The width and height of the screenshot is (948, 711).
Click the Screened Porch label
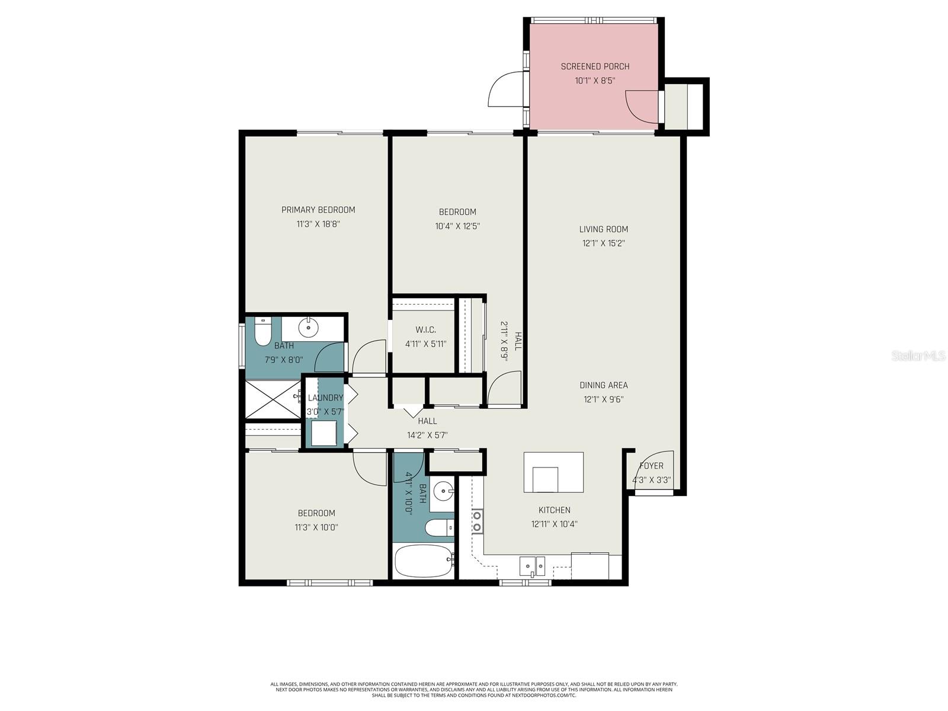coord(595,66)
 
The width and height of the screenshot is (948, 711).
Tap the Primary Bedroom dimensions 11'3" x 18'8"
coord(318,224)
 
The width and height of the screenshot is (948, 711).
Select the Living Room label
coord(603,229)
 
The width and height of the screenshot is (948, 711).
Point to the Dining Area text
coord(603,385)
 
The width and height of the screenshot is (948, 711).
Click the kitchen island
coord(553,472)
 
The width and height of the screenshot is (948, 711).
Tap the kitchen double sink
coord(532,566)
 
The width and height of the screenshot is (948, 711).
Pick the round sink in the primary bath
coord(308,326)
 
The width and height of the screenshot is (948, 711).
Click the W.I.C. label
coord(425,330)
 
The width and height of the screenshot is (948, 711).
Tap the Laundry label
coord(325,398)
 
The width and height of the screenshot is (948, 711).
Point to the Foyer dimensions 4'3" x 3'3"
coord(651,480)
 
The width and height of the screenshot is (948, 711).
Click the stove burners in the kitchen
coord(476,521)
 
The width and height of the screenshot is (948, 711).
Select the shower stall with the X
coord(273,400)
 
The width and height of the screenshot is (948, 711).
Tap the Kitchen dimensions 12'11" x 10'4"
coord(554,524)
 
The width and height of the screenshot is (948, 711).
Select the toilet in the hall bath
coord(438,527)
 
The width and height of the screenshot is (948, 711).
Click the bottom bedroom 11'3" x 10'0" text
coord(316,527)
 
